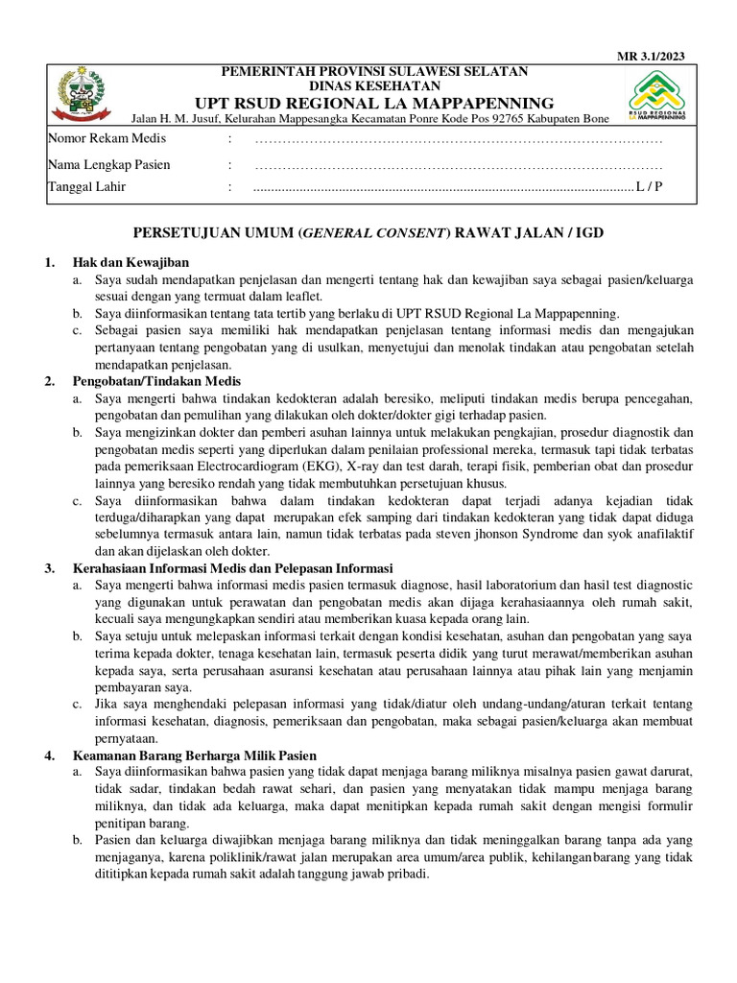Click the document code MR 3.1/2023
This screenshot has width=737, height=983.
tap(651, 56)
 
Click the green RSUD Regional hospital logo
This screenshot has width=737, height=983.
tap(659, 96)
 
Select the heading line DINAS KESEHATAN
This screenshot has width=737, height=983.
tap(375, 85)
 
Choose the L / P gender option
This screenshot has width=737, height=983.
tap(648, 187)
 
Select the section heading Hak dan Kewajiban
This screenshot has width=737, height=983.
tap(131, 262)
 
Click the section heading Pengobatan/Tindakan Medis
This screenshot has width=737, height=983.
tap(156, 381)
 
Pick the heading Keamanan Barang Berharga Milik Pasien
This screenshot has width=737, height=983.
tap(194, 755)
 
